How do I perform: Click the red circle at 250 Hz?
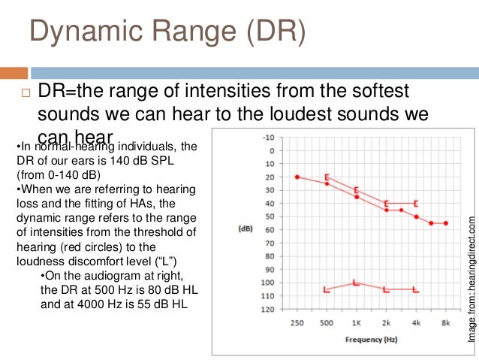coord(297,177)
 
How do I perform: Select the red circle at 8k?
coord(446,223)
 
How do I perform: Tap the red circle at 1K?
coord(356,197)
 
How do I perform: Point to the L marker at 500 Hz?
coord(326,289)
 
